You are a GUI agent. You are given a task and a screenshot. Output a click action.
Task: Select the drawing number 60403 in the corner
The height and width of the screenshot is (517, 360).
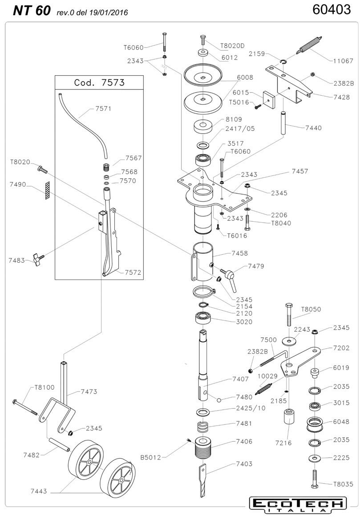pyautogui.click(x=332, y=10)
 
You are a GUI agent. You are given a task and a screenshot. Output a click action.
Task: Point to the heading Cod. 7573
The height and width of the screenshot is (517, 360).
pyautogui.click(x=99, y=82)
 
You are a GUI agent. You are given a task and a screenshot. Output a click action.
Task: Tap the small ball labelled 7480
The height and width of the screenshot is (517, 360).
pyautogui.click(x=219, y=399)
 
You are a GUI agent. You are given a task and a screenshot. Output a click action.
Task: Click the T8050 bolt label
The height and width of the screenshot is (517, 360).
pyautogui.click(x=311, y=309)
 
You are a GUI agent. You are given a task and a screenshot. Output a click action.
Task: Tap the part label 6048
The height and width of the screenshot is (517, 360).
pyautogui.click(x=341, y=421)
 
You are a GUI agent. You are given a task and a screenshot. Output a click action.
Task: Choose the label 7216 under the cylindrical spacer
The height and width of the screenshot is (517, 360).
pyautogui.click(x=283, y=443)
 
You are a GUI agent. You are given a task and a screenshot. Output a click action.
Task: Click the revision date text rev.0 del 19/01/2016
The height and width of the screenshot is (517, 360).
pyautogui.click(x=92, y=13)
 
